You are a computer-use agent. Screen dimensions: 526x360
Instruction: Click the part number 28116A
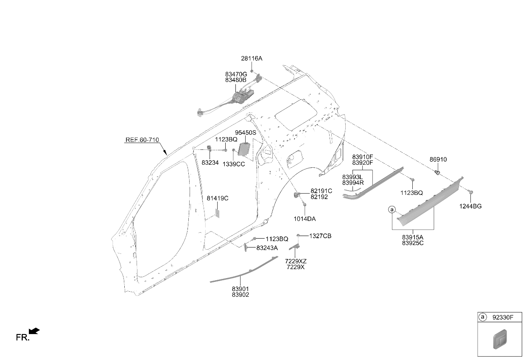click(x=252, y=59)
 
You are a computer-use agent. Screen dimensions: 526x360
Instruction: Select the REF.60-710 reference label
click(x=142, y=140)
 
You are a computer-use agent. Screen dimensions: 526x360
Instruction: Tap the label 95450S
click(x=245, y=133)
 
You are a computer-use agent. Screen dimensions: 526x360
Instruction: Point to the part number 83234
click(x=210, y=163)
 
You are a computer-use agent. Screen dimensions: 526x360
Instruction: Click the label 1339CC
click(x=234, y=164)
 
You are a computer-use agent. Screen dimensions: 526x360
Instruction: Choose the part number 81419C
click(x=218, y=199)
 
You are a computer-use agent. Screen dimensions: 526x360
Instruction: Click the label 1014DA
click(x=305, y=219)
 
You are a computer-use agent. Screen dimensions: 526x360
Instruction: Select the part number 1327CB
click(x=320, y=236)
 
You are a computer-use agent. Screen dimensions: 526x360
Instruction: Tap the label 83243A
click(x=267, y=248)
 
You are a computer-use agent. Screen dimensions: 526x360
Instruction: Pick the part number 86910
click(x=438, y=160)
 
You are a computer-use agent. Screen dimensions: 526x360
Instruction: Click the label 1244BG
click(x=470, y=206)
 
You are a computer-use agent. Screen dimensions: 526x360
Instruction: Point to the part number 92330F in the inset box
click(x=503, y=318)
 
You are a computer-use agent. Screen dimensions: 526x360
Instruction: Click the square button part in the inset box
click(x=500, y=339)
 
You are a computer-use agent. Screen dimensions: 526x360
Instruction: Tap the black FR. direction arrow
click(x=34, y=331)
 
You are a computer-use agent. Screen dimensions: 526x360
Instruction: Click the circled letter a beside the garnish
click(x=392, y=209)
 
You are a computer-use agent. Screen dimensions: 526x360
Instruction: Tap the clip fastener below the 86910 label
click(x=437, y=173)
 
